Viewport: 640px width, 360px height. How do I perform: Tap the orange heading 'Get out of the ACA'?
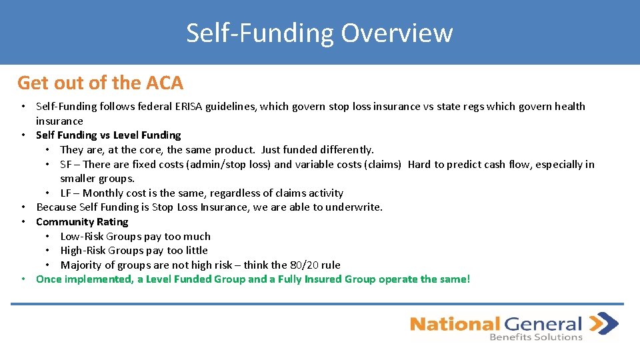[100, 83]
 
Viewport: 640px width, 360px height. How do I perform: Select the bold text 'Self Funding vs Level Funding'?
[108, 135]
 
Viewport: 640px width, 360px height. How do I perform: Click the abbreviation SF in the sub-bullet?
[66, 165]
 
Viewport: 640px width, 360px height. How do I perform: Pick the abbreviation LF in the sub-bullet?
[65, 193]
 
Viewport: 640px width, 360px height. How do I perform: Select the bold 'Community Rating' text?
[82, 222]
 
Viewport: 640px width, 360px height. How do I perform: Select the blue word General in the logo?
[543, 325]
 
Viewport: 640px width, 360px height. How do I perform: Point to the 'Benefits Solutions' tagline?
[536, 337]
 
